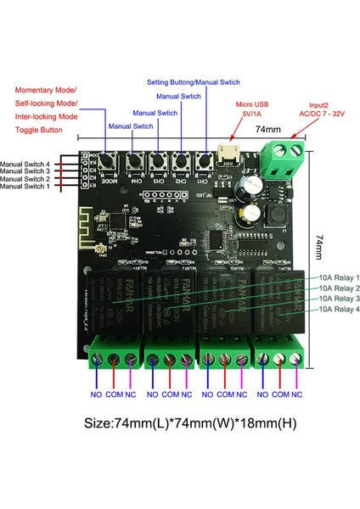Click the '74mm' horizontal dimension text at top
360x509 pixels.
pos(267,129)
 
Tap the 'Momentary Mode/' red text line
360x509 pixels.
pos(45,89)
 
